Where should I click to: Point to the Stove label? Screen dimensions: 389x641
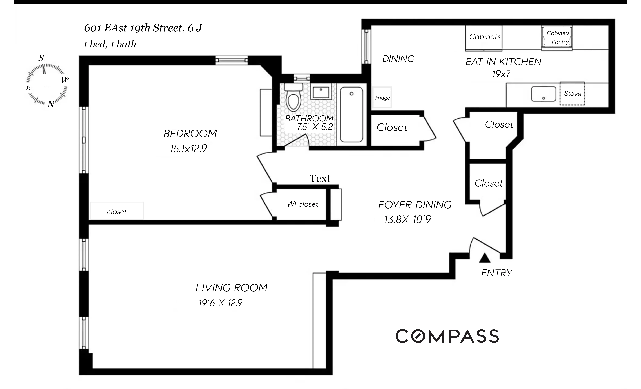point(573,94)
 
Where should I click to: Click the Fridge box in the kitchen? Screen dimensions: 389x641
point(382,98)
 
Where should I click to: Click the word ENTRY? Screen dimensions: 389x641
point(496,273)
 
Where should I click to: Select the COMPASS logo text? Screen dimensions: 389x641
point(447,336)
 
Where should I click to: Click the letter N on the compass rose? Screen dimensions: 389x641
point(51,104)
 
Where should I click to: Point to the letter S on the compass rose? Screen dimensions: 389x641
point(41,58)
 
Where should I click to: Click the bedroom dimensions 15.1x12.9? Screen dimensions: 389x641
point(188,149)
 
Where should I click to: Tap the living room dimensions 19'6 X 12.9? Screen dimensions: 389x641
point(220,303)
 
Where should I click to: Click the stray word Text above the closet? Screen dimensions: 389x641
point(320,178)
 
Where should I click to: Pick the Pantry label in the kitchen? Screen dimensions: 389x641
point(560,42)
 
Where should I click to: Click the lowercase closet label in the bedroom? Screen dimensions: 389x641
point(117,212)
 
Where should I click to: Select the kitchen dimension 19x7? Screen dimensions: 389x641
point(501,74)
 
